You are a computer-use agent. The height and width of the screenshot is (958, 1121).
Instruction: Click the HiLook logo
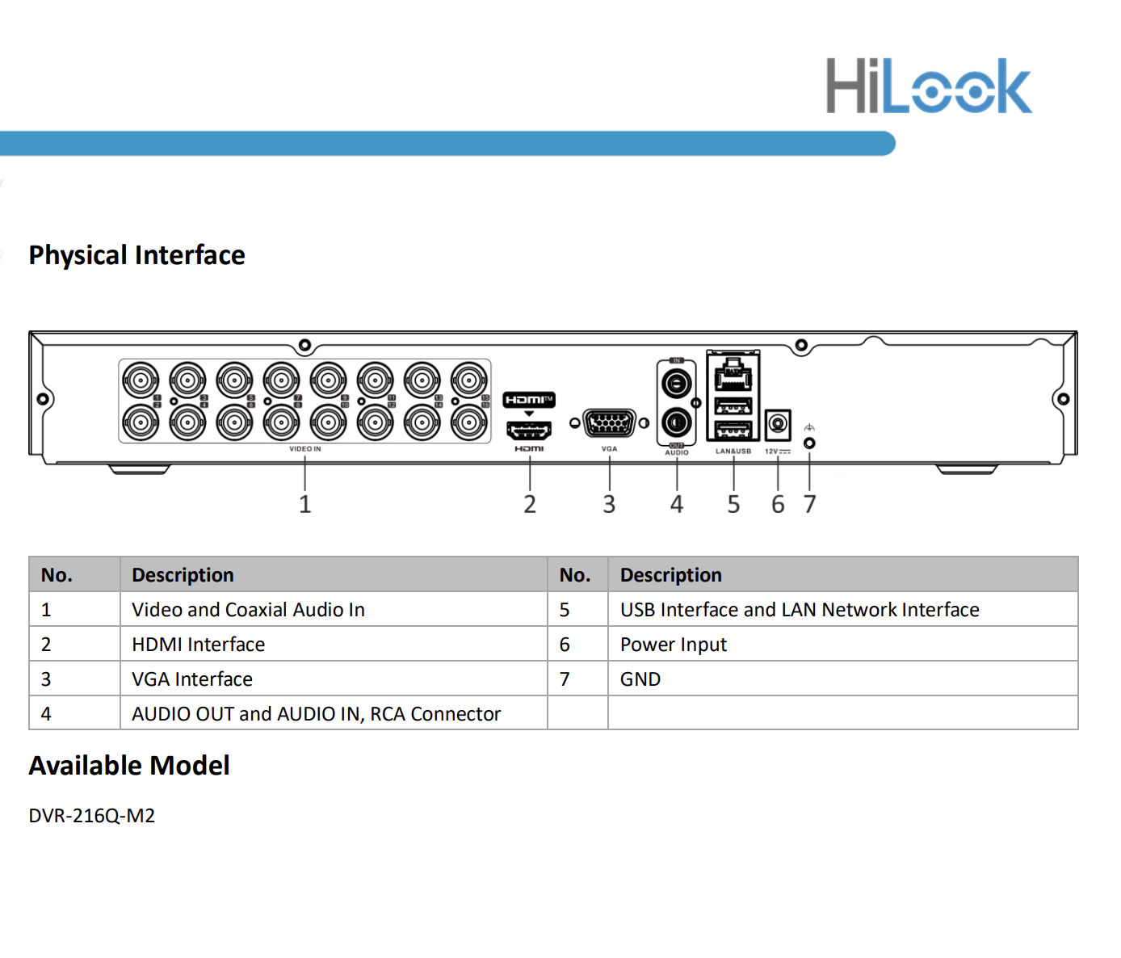[928, 86]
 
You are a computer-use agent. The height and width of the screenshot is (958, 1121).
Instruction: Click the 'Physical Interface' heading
[136, 255]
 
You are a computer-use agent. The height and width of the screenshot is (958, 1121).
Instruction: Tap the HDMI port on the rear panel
[529, 430]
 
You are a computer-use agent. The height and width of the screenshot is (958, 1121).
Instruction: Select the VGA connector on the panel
[609, 422]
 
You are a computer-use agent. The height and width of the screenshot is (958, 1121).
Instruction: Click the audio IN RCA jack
[677, 382]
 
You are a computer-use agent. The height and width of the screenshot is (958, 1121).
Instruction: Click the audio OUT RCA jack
[677, 422]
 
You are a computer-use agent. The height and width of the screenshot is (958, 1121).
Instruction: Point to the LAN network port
[733, 375]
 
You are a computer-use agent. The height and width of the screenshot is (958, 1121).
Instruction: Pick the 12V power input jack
[778, 423]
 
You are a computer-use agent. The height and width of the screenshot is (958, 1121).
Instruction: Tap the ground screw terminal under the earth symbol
[809, 443]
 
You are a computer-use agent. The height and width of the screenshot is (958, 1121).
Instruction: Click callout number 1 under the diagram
[304, 504]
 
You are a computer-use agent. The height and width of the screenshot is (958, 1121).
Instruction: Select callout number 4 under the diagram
[677, 504]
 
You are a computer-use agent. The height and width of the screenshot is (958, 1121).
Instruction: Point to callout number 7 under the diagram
[809, 504]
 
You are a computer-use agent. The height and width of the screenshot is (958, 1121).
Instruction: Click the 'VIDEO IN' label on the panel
[305, 449]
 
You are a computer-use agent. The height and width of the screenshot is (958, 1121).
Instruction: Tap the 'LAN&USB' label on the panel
[733, 452]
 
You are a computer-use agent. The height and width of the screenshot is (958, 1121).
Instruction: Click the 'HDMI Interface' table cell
[199, 645]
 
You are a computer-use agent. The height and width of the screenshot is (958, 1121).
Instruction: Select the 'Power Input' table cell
[674, 645]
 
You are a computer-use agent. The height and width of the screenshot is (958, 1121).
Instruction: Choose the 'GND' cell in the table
[640, 679]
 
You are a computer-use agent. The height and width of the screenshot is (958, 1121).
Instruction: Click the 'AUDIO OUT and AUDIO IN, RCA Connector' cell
[317, 714]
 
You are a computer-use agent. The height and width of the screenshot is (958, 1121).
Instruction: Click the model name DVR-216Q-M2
[92, 816]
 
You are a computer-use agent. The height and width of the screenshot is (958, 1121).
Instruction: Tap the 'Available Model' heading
[129, 766]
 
